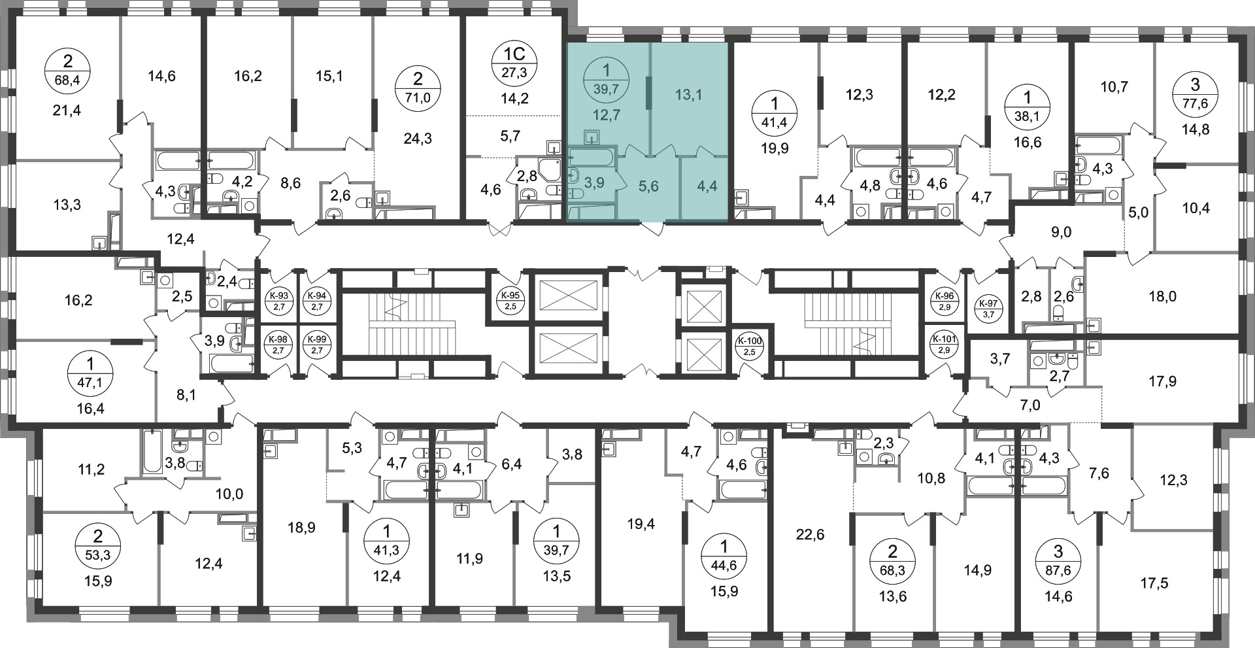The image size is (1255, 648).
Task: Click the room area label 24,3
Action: pos(418,139)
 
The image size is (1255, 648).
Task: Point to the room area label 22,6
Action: pos(811,535)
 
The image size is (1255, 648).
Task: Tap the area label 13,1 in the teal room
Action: pos(688,95)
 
